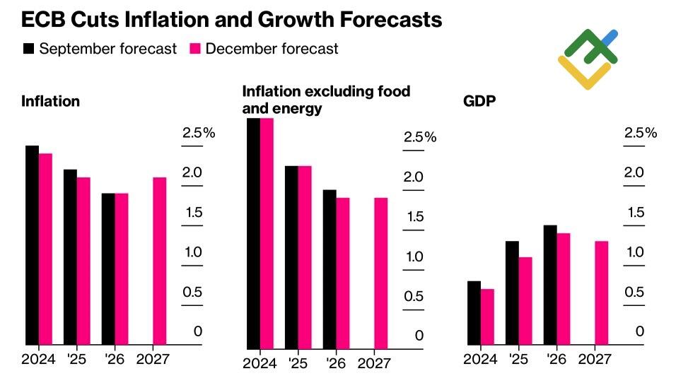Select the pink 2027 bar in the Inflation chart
160,261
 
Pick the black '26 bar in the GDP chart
549,285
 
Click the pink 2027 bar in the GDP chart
601,293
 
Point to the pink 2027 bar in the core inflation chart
380,273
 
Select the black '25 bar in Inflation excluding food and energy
291,257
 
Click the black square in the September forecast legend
29,49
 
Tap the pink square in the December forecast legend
195,49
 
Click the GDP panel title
479,101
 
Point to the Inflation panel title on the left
50,101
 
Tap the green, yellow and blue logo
588,59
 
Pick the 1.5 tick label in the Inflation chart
192,213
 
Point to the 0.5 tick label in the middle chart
414,296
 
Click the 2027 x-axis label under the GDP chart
595,359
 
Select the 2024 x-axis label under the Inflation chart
38,359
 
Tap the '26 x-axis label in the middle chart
336,363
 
